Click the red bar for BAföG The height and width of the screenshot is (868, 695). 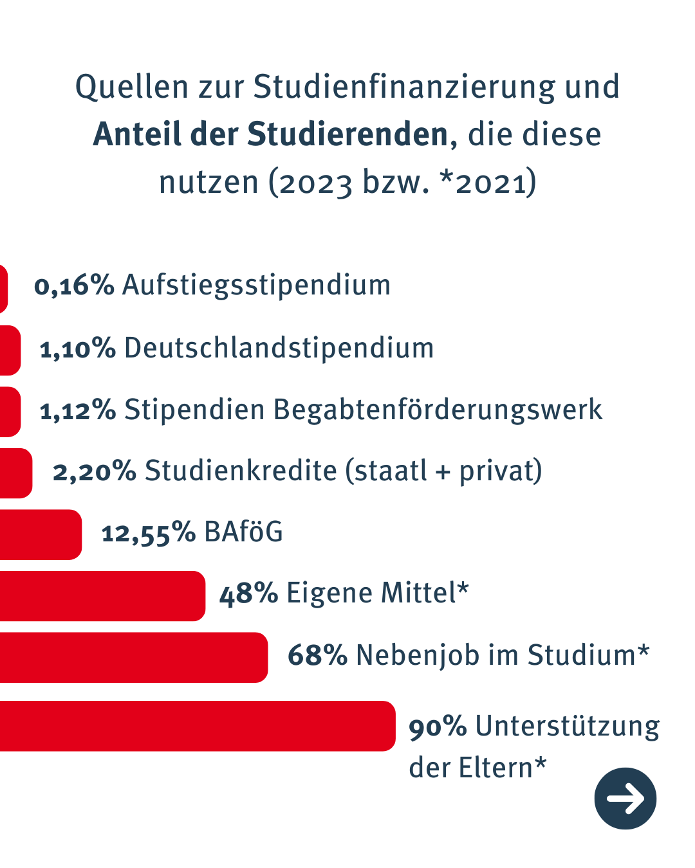tap(40, 534)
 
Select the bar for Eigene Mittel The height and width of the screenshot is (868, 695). tap(102, 596)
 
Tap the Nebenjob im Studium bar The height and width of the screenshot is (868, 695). tap(133, 657)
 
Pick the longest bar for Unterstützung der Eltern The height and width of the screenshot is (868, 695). tap(196, 726)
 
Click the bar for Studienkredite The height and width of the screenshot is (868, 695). tap(15, 473)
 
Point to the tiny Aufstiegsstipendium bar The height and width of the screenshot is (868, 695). tap(3, 289)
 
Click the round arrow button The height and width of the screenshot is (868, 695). tap(625, 798)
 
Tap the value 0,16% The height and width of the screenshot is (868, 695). tap(74, 285)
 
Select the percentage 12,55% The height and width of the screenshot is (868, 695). tap(148, 533)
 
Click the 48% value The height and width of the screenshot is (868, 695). tap(248, 593)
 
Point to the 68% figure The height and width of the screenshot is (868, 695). tap(317, 655)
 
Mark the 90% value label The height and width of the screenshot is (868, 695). tap(438, 727)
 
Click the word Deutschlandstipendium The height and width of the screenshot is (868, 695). tap(279, 348)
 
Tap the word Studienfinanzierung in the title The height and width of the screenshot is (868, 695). tap(404, 87)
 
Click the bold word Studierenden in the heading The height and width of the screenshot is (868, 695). tap(347, 134)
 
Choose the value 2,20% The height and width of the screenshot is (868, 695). tap(94, 471)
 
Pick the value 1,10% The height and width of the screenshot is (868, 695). tap(77, 348)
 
